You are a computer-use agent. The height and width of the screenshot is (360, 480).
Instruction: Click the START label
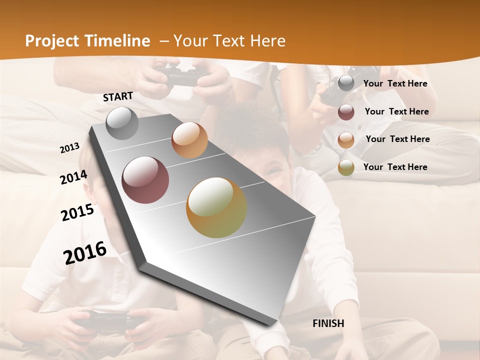point(118,96)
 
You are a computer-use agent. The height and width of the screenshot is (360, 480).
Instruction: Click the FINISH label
point(328,323)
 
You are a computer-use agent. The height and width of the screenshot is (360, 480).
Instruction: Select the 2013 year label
point(70,147)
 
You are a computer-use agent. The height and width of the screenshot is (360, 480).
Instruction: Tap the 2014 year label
point(73,177)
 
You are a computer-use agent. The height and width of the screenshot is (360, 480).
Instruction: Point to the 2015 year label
point(77,212)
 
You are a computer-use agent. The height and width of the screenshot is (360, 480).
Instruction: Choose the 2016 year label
point(85,252)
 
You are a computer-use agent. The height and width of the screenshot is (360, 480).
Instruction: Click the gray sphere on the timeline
point(122,123)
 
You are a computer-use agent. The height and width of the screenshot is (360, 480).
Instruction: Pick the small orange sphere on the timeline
point(189,140)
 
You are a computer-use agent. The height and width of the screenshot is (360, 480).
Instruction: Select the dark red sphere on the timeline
point(145,180)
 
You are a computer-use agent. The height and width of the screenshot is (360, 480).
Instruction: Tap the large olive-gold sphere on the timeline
point(216,207)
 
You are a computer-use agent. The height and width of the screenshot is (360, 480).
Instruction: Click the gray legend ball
point(346,83)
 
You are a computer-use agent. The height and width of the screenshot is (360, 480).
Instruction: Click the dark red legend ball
point(346,112)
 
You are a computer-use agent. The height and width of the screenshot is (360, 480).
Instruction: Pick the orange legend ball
point(346,139)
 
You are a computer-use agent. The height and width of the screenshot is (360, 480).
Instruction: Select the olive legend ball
point(346,167)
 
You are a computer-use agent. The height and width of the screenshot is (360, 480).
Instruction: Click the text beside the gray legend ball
point(395,83)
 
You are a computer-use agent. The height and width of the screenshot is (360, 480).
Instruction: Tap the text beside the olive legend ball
point(395,167)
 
